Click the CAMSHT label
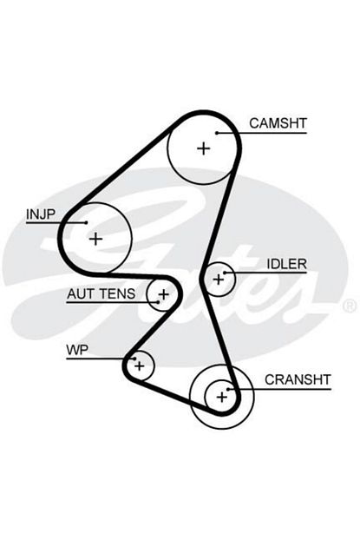[278, 123]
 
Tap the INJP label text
[41, 214]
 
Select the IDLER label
[286, 264]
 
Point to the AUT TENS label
[101, 293]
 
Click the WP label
[77, 350]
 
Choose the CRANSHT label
[298, 379]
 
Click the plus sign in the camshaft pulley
[203, 148]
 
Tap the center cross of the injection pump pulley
[95, 239]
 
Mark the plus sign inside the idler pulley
[219, 280]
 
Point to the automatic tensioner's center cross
[164, 294]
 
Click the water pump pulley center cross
[140, 365]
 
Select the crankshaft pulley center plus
[222, 398]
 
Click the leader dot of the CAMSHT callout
[217, 133]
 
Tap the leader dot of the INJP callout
[86, 222]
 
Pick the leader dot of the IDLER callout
[225, 273]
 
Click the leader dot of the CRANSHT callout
[228, 389]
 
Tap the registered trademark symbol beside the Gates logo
[350, 306]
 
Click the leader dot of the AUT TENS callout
[158, 302]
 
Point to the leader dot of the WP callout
[135, 359]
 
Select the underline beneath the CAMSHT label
[262, 133]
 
